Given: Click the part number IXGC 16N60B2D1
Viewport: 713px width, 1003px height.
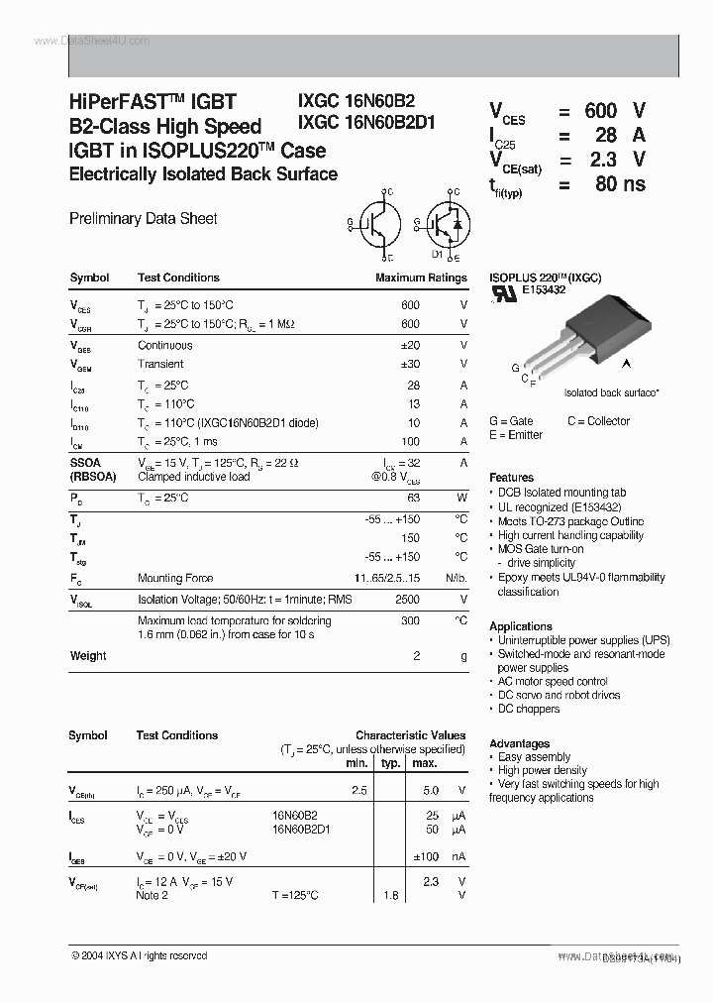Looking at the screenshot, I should point(366,124).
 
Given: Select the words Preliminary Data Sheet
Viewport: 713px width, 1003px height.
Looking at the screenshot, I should point(143,218).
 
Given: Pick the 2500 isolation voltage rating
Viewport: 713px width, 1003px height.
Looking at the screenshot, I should point(407,600).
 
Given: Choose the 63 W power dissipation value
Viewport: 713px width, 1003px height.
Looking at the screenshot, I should point(413,498).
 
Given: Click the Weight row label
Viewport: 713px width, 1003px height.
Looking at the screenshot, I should point(88,656).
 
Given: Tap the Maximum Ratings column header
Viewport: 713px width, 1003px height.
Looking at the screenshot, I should point(420,279).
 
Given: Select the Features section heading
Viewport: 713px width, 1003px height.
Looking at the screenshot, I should point(511,478).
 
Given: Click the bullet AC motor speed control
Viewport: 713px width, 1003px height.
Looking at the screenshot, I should point(553,682).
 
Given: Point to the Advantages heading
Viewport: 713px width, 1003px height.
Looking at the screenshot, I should point(519,743).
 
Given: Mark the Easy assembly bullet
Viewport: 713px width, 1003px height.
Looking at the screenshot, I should point(534,757).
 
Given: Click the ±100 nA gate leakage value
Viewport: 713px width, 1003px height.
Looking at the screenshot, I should point(425,856).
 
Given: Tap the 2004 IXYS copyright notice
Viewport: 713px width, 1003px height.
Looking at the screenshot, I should point(139,956).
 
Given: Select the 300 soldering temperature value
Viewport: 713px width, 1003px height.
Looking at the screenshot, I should point(411,619).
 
